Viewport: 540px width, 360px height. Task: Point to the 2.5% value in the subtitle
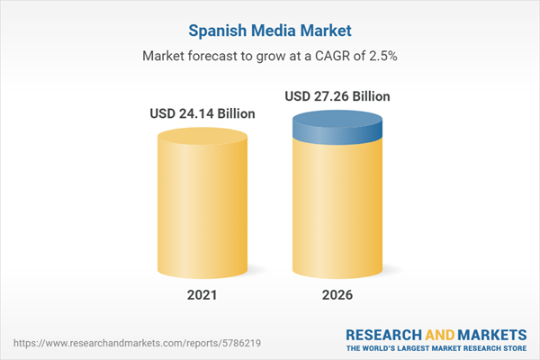coord(382,56)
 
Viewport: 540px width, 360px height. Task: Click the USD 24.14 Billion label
coord(202,114)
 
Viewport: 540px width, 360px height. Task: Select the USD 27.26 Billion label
coord(338,95)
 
